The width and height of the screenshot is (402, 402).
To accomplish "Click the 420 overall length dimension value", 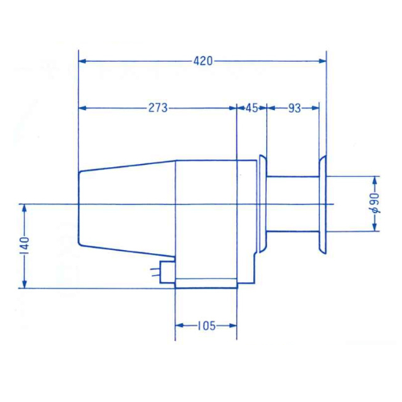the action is tap(203, 61).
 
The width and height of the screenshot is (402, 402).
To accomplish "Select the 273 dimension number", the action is tap(158, 108).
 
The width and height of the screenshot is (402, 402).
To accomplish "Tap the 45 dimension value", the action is tap(252, 108).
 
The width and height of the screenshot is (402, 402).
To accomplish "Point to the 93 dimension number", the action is tap(294, 109).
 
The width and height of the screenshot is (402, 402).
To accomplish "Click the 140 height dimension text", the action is tap(25, 246).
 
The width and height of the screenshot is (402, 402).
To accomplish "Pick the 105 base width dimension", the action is tap(207, 326).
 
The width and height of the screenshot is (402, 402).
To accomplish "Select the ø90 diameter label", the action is tap(375, 203).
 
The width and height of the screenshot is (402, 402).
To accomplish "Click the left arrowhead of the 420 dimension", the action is tap(82, 61).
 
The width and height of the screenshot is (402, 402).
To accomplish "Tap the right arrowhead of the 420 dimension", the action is tap(322, 61).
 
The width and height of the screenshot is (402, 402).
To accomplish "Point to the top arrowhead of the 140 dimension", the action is tap(24, 208).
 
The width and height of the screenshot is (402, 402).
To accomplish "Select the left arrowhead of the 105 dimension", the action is tap(178, 326).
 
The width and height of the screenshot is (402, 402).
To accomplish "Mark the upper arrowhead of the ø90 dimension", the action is tap(375, 180).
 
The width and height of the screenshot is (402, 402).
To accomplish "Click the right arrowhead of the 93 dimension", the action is tap(315, 108).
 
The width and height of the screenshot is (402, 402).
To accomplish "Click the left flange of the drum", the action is tap(263, 203).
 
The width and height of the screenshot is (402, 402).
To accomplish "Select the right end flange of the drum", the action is tap(322, 204).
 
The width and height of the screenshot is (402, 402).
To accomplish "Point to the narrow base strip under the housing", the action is tap(206, 283).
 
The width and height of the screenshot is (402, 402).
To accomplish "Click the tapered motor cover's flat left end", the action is tap(79, 207).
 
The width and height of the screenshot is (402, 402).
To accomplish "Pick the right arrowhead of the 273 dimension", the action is tap(233, 108).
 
